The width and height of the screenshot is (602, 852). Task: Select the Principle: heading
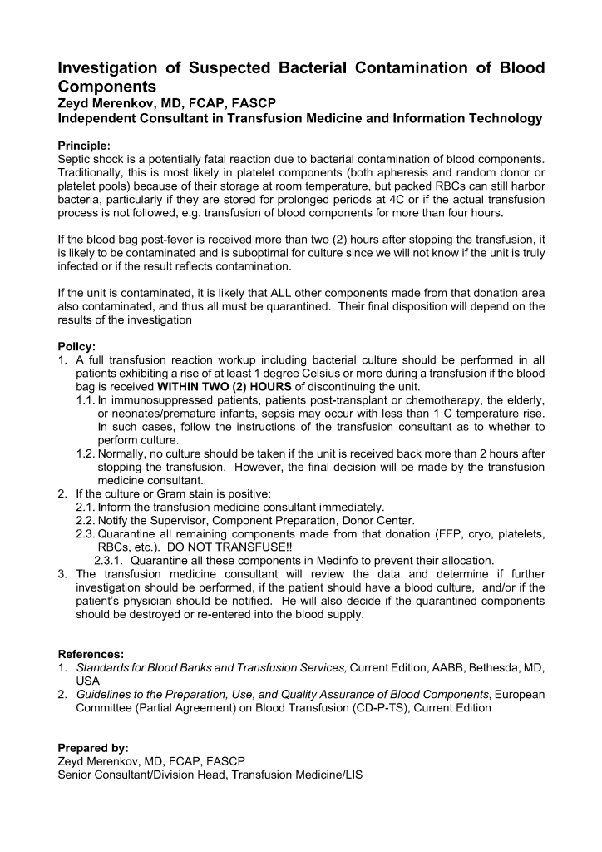click(x=87, y=145)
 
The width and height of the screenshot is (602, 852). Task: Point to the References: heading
click(x=91, y=653)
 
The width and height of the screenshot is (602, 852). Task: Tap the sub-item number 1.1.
click(x=85, y=399)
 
